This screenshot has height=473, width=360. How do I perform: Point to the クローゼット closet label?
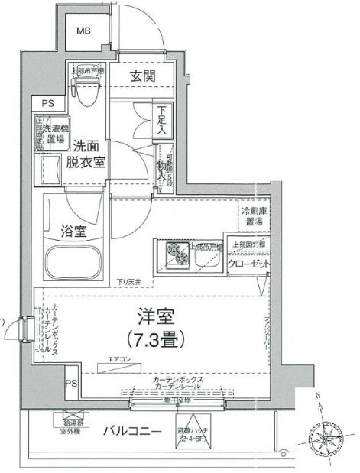click(250, 264)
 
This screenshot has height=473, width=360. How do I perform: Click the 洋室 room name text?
click(152, 315)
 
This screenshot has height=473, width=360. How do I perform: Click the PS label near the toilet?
click(47, 102)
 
